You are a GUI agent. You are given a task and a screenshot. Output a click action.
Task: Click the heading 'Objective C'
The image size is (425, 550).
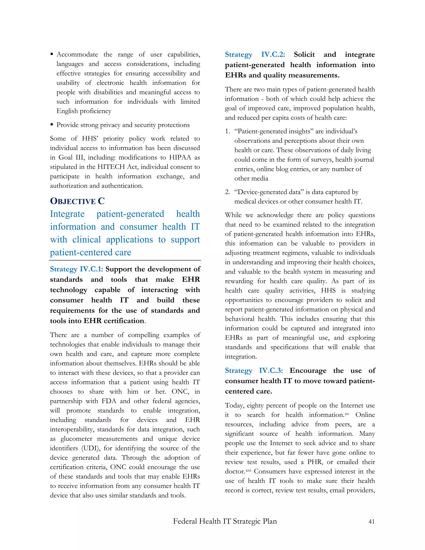point(77,201)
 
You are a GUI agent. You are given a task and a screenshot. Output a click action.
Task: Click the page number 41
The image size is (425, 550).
point(371,522)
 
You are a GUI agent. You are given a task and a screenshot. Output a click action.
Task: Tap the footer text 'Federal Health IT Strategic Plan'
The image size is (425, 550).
point(225,521)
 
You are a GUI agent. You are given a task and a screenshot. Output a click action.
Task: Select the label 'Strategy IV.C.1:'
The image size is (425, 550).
point(76,269)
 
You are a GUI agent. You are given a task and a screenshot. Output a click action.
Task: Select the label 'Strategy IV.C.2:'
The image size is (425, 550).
point(255,55)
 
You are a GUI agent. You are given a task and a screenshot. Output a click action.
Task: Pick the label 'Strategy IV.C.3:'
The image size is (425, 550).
point(254,370)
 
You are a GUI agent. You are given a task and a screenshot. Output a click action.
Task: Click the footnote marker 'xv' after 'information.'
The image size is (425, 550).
point(347,413)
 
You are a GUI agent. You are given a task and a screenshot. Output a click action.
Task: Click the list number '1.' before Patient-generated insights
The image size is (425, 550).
point(227,131)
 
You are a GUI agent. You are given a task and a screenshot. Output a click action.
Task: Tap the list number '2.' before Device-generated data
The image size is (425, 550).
point(227,192)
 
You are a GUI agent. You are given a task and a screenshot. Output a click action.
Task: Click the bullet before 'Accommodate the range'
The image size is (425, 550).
point(52,54)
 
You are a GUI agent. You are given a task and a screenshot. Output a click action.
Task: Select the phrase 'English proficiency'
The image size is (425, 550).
point(84,111)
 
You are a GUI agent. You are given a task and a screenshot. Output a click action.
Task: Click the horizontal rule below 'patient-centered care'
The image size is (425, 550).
point(125,260)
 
